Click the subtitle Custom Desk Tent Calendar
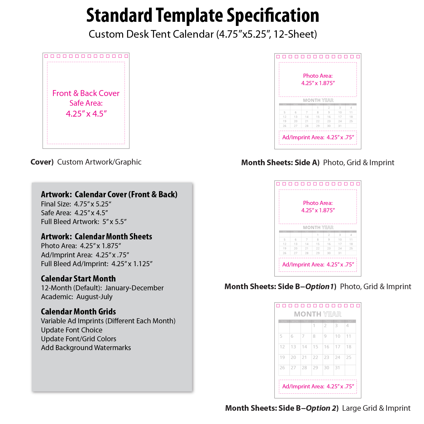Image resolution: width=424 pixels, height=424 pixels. pyautogui.click(x=203, y=34)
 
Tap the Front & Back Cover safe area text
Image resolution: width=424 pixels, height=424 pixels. pyautogui.click(x=86, y=103)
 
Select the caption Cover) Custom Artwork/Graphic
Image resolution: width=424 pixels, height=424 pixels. pyautogui.click(x=86, y=162)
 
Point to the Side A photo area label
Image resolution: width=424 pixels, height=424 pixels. pyautogui.click(x=318, y=79)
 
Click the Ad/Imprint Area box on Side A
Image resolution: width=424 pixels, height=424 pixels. pyautogui.click(x=318, y=138)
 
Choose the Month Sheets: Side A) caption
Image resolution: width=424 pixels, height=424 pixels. pyautogui.click(x=317, y=163)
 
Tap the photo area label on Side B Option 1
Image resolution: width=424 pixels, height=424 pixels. pyautogui.click(x=318, y=207)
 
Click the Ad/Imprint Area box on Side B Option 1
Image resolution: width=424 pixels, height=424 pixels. pyautogui.click(x=318, y=265)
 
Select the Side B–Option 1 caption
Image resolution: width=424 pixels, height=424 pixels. pyautogui.click(x=317, y=286)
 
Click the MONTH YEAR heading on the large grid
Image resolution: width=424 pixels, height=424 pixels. pyautogui.click(x=317, y=314)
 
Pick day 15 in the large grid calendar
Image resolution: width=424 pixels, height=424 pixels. pyautogui.click(x=315, y=347)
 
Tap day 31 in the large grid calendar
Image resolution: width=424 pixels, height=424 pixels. pyautogui.click(x=337, y=368)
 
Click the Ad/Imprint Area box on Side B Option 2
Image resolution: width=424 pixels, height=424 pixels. pyautogui.click(x=318, y=387)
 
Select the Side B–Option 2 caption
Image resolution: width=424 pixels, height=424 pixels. pyautogui.click(x=317, y=408)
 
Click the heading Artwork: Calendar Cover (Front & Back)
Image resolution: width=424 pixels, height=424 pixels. pyautogui.click(x=109, y=194)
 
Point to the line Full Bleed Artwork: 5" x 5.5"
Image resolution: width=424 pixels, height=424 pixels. pyautogui.click(x=84, y=222)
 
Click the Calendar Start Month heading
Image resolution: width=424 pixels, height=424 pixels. pyautogui.click(x=78, y=279)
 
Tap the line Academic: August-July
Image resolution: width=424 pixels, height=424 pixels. pyautogui.click(x=77, y=297)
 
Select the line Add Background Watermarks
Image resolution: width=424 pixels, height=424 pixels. pyautogui.click(x=86, y=348)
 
